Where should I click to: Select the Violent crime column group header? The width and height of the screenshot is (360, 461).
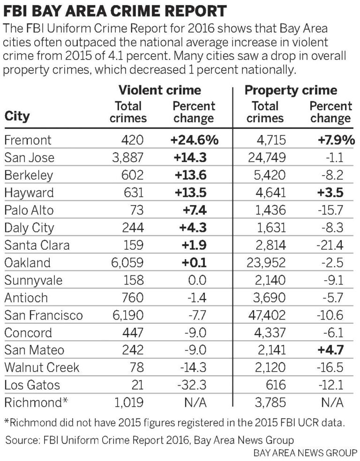click(159, 90)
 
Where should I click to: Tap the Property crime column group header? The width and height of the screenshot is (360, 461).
click(291, 90)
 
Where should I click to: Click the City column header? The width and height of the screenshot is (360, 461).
click(17, 116)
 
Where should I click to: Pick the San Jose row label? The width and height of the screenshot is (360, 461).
click(29, 157)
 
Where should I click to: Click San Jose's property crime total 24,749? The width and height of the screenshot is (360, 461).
click(265, 157)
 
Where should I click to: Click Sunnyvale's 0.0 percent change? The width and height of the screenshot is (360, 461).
click(196, 280)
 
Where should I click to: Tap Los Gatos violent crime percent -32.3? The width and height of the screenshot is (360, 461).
click(193, 385)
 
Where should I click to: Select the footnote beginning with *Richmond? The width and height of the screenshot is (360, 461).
click(174, 423)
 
